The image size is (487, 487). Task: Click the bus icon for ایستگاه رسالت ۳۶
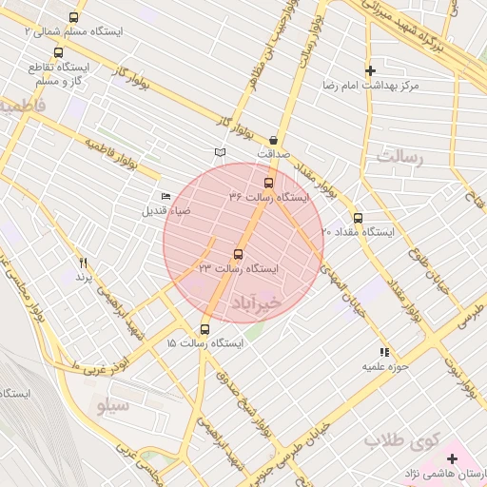point(268,183)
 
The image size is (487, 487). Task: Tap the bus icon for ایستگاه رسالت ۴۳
point(238,254)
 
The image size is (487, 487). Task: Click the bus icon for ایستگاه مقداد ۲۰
point(358,217)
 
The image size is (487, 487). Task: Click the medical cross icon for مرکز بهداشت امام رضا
point(370,70)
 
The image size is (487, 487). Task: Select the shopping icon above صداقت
point(273,138)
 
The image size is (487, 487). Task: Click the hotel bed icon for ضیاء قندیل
point(167,196)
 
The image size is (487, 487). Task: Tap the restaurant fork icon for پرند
point(83,262)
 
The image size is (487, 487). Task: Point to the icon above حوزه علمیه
point(384,352)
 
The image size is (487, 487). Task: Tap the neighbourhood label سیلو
point(113,404)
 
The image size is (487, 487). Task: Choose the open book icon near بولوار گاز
point(221,152)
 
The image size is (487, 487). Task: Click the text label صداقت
point(272,152)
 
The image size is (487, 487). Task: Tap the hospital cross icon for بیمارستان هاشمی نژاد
point(453,458)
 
